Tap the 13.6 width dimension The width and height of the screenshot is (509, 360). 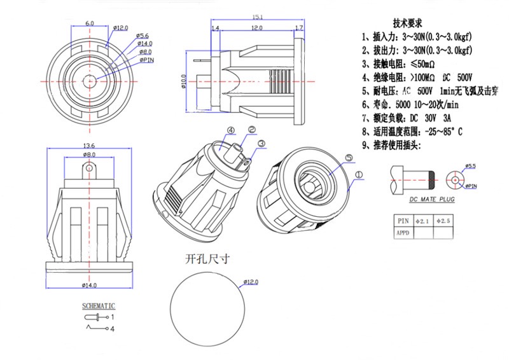tap(90, 146)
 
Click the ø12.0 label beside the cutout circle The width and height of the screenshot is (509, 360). tap(251, 282)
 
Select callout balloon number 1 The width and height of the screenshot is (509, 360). tap(358, 174)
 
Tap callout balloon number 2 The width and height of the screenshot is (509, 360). tap(251, 130)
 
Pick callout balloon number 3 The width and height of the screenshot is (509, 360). tap(261, 144)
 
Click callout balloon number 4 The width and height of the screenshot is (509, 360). tap(231, 131)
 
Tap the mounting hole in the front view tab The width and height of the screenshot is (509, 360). tap(90, 170)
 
